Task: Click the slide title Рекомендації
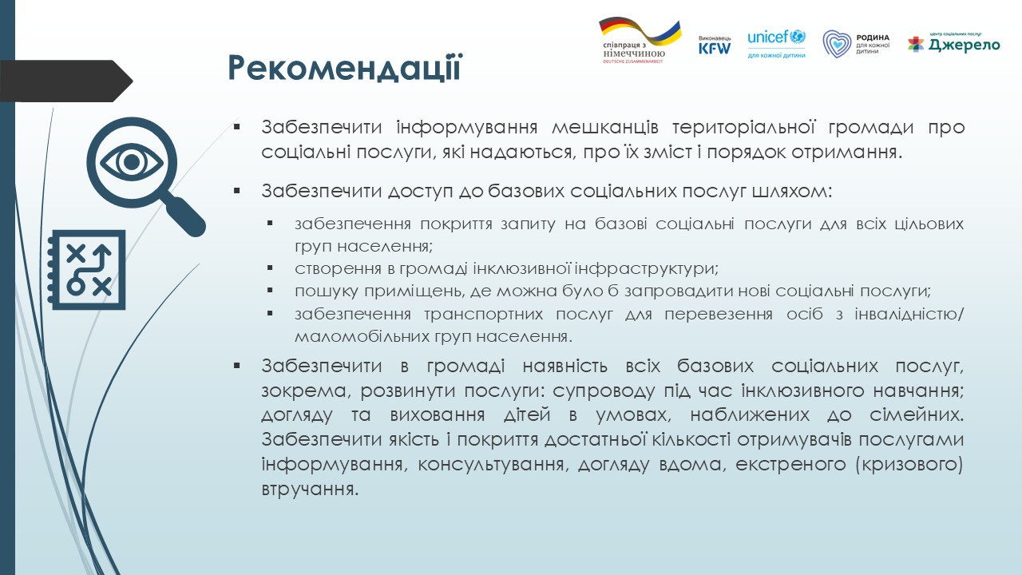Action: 345,68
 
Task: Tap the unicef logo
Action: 776,43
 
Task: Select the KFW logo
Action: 715,46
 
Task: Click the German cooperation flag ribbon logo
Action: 640,40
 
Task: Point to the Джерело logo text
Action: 964,46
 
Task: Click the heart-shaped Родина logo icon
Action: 837,44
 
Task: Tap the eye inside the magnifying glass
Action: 132,162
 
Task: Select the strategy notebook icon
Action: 87,270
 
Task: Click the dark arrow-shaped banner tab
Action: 66,81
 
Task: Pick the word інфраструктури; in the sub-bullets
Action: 646,269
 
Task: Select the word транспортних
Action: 484,315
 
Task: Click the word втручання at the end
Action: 310,490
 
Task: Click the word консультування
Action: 493,465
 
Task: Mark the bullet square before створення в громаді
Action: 270,268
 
